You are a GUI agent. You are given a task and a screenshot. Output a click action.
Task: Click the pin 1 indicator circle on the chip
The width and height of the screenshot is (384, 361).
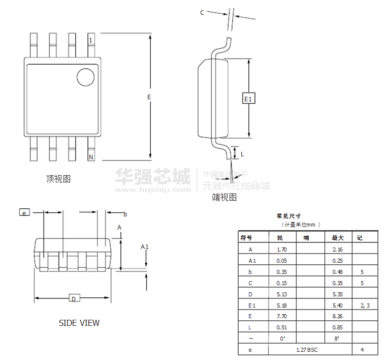[85, 77]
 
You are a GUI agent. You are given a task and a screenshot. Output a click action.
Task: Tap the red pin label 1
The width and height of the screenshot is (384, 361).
[90, 40]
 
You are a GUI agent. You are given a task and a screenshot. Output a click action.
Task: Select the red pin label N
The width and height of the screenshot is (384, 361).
[91, 157]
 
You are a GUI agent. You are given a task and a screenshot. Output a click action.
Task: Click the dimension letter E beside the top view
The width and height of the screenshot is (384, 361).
[149, 97]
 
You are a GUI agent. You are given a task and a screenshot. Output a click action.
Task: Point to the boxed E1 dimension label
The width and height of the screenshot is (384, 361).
[248, 98]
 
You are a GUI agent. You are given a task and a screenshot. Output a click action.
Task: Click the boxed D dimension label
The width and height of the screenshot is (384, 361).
[73, 299]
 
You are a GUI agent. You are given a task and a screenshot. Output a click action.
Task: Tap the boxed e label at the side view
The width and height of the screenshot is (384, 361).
[24, 212]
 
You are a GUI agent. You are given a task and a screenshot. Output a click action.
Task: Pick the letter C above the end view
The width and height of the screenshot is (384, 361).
[202, 13]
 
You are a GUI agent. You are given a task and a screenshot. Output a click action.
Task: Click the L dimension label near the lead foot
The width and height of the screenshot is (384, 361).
[242, 153]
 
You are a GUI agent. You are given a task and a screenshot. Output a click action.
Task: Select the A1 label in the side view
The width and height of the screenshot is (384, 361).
[145, 247]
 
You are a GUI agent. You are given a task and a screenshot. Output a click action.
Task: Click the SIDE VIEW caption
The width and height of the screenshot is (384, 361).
[79, 323]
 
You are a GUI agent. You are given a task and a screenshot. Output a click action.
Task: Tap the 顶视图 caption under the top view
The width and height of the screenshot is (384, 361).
[58, 179]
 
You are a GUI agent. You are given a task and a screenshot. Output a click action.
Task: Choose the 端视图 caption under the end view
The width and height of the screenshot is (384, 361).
[224, 197]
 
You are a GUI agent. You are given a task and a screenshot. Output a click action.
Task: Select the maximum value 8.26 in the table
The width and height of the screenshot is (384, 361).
[337, 316]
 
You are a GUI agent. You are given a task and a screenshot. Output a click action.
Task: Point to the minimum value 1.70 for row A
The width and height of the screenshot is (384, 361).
[281, 249]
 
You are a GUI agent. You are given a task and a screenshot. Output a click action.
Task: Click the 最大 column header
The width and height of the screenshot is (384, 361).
[338, 238]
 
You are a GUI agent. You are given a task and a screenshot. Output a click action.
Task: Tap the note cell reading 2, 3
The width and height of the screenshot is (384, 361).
[365, 305]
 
